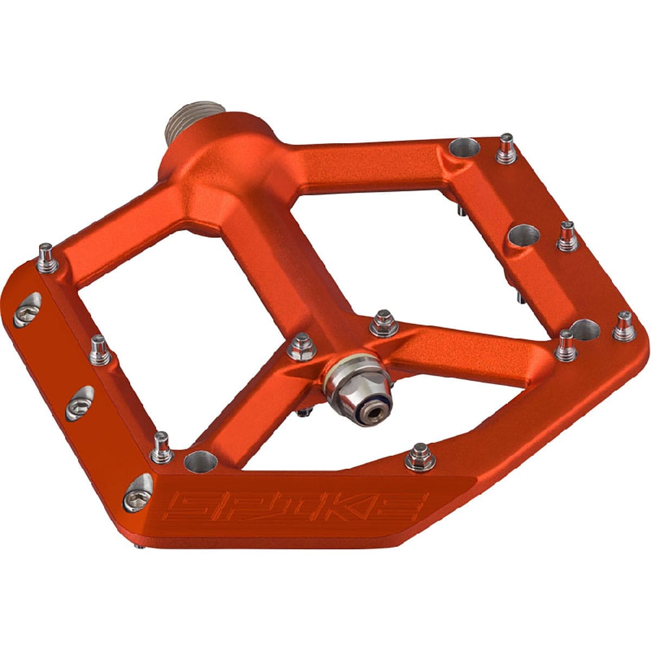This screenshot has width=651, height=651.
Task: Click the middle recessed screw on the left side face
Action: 79,401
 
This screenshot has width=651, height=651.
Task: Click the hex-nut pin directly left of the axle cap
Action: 299,347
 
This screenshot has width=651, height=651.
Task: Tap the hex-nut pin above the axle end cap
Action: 382,323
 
